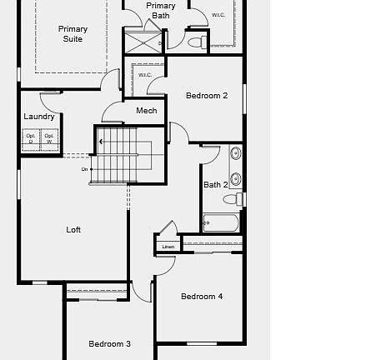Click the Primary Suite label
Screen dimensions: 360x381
(73, 34)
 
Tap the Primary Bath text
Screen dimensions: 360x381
(160, 10)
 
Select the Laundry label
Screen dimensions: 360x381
(39, 117)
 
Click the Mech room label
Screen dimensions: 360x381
(146, 111)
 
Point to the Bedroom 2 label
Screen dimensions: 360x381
(206, 96)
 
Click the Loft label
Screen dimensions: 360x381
(73, 229)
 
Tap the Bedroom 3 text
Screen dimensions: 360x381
(109, 343)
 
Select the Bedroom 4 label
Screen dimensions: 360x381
(202, 296)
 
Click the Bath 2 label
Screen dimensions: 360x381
(215, 185)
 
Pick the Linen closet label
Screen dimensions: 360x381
(168, 247)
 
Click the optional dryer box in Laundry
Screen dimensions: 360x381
(31, 139)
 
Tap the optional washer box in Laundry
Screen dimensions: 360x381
(49, 139)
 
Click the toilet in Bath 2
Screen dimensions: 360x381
(239, 199)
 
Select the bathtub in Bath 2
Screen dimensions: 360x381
(221, 222)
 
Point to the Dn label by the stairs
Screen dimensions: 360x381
(84, 169)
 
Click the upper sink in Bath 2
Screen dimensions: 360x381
(235, 153)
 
